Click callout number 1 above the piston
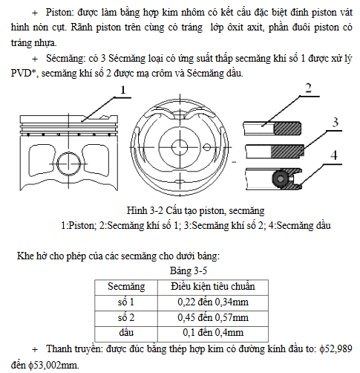123,90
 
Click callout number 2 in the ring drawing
308,88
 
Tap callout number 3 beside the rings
335,123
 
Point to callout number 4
334,155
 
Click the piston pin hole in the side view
69,163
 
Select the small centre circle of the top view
180,147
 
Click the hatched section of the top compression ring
287,129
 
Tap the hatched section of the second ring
287,152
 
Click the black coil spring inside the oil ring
281,178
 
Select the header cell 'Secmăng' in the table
126,287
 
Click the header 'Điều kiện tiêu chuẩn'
213,286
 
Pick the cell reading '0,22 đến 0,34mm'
213,302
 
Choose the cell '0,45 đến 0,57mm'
213,317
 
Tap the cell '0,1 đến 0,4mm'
213,332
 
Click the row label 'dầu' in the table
126,332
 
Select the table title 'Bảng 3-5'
189,270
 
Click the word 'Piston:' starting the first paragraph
60,12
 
